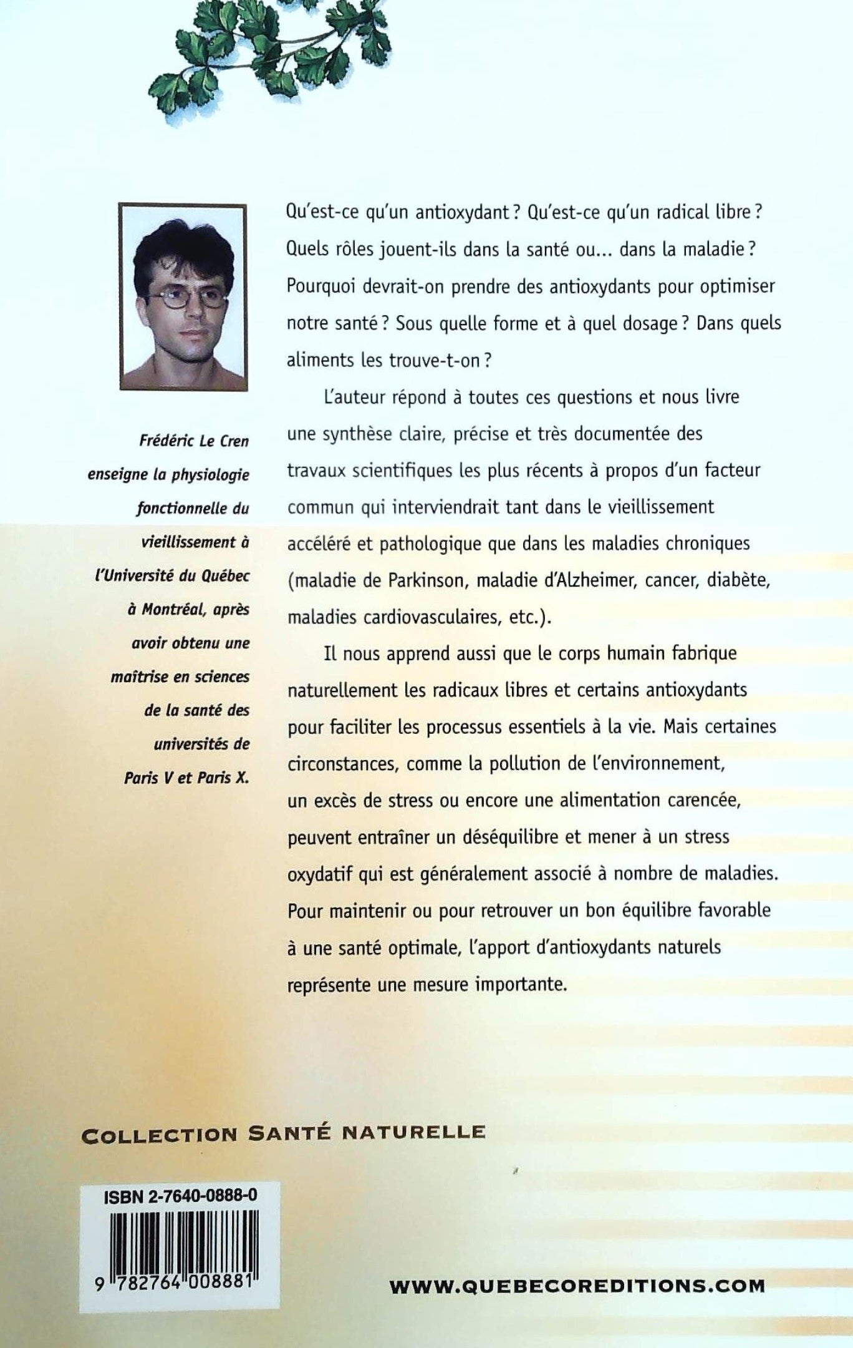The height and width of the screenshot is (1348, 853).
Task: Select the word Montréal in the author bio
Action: (x=173, y=609)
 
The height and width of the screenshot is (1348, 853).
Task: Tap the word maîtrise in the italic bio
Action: (x=143, y=676)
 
